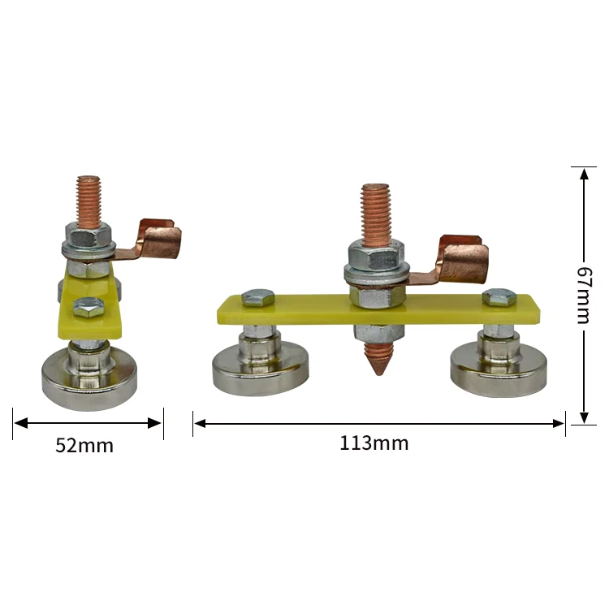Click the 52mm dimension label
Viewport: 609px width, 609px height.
(84, 446)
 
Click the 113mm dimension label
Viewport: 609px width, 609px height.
(374, 443)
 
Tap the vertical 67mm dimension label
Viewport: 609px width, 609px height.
(584, 294)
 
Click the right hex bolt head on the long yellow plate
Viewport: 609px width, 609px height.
(499, 297)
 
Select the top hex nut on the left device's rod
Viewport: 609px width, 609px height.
(88, 239)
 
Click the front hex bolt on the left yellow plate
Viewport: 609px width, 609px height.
(88, 307)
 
